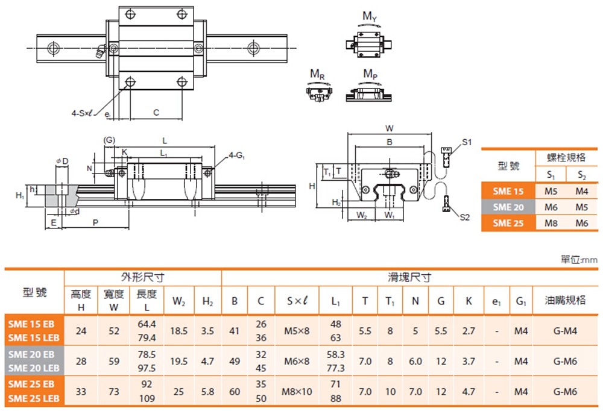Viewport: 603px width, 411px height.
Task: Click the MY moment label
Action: pos(370,16)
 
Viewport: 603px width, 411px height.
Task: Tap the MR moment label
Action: pos(317,74)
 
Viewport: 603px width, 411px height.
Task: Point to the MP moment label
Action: pos(370,74)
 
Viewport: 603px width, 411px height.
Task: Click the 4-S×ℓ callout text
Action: pos(81,113)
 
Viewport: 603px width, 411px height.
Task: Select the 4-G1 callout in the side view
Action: pos(236,156)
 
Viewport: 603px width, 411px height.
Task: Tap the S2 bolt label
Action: pos(464,218)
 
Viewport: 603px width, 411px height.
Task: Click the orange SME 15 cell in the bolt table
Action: pos(508,191)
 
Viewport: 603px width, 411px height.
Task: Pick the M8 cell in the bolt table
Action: pos(551,222)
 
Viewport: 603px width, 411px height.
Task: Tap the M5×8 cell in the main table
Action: pos(296,331)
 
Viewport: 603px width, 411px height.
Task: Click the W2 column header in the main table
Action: pos(179,300)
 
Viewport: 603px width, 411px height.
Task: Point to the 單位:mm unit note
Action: pos(579,260)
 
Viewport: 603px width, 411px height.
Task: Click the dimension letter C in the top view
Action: pos(156,112)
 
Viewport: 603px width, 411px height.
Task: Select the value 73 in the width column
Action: pos(113,392)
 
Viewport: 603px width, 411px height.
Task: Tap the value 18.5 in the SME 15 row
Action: pos(179,331)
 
